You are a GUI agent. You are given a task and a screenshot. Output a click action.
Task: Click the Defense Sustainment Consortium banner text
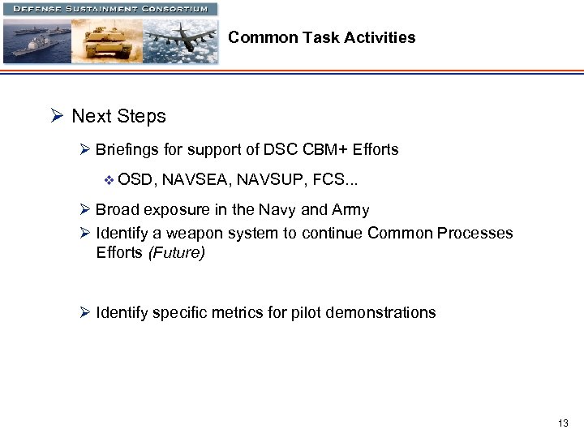tap(109, 9)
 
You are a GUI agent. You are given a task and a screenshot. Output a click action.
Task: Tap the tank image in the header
tap(106, 41)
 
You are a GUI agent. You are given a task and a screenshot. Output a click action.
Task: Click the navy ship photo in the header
tap(36, 41)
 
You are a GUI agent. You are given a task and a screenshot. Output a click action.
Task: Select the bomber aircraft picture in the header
tap(180, 41)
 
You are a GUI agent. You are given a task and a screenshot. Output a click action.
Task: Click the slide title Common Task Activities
tap(321, 37)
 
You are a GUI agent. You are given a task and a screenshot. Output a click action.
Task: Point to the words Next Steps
tap(118, 116)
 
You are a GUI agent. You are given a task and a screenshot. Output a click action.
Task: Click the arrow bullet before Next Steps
tap(57, 116)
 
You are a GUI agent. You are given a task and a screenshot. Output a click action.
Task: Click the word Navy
tap(277, 210)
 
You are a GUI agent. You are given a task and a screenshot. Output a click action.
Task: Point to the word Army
tap(350, 210)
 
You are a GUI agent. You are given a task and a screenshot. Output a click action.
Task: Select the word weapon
tap(183, 234)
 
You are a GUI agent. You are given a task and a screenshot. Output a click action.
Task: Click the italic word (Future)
tap(176, 252)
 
